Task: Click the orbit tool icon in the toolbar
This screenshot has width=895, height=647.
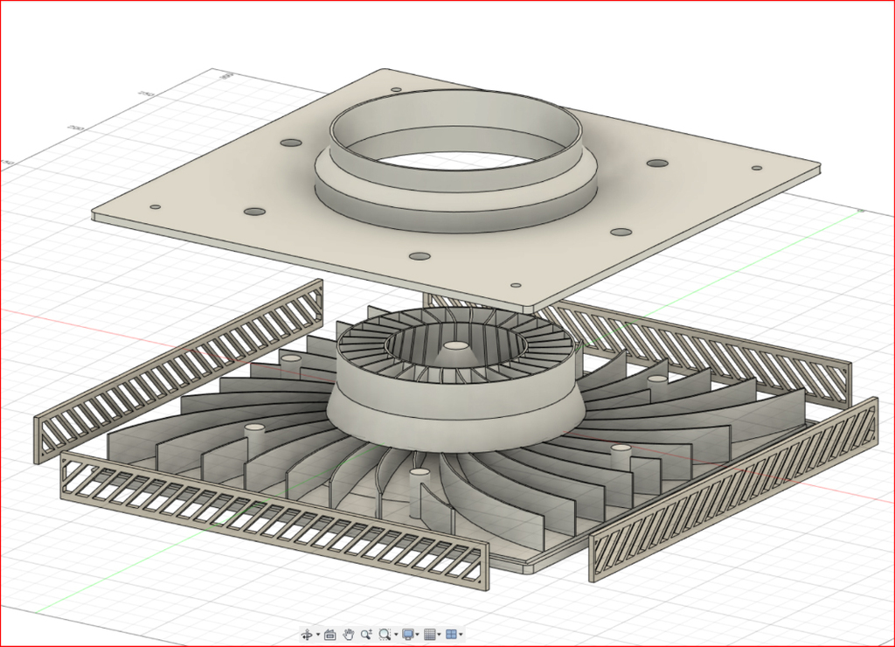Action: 307,634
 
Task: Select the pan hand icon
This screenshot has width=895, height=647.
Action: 348,634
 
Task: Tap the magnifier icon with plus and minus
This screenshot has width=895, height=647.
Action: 365,634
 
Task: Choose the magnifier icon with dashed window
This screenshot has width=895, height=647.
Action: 384,634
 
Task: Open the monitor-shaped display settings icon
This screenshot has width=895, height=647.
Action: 407,634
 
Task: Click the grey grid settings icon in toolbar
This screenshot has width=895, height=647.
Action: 429,634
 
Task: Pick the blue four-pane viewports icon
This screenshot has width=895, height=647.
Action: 451,634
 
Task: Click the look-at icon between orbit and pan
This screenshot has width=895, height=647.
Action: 330,634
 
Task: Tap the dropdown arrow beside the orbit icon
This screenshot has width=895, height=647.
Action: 317,635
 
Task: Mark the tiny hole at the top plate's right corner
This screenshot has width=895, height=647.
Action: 756,168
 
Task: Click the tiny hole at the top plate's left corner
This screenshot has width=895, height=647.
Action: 155,207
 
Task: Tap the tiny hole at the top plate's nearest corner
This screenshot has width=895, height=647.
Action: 515,285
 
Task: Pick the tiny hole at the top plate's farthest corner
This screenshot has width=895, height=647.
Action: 395,89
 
